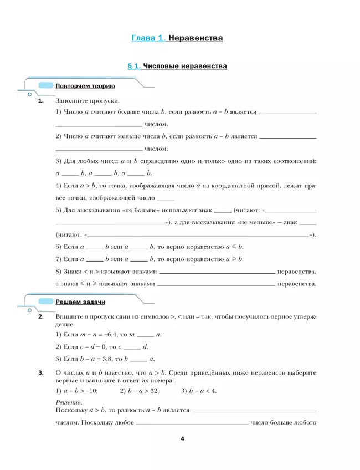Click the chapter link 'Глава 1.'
(x=148, y=38)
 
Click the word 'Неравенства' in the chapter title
(x=195, y=38)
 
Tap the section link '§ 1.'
(x=133, y=66)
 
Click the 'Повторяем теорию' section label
(x=85, y=86)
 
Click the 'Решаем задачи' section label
(x=80, y=302)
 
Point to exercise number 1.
(x=40, y=101)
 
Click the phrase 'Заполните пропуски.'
(x=88, y=101)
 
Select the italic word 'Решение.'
(x=69, y=402)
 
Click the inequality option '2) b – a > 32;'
(x=139, y=391)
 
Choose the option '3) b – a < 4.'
(x=199, y=391)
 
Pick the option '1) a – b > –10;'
(x=77, y=391)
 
